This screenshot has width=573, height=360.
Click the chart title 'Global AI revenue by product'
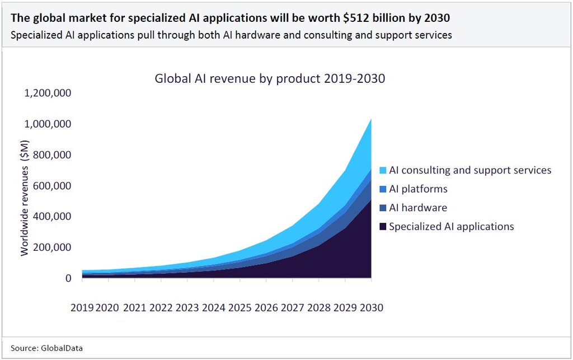click(x=270, y=78)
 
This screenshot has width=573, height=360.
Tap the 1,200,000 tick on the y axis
click(x=47, y=93)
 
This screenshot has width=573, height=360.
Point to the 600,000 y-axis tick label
click(x=51, y=185)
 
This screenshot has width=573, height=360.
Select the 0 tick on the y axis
click(x=68, y=278)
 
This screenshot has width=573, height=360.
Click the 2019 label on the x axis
click(x=82, y=307)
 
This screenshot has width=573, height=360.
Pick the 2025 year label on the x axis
click(x=240, y=307)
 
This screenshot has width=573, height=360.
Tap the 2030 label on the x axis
click(x=372, y=307)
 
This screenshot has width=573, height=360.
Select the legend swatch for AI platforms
click(x=382, y=189)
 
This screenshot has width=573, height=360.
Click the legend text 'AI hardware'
click(x=418, y=208)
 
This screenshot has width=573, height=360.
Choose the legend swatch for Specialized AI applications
click(x=382, y=227)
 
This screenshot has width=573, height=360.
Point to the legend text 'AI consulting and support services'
click(x=470, y=170)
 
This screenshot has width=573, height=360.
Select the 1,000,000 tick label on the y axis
click(x=47, y=124)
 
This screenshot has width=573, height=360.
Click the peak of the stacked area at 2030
click(x=371, y=119)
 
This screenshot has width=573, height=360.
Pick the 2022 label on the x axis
click(x=161, y=307)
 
